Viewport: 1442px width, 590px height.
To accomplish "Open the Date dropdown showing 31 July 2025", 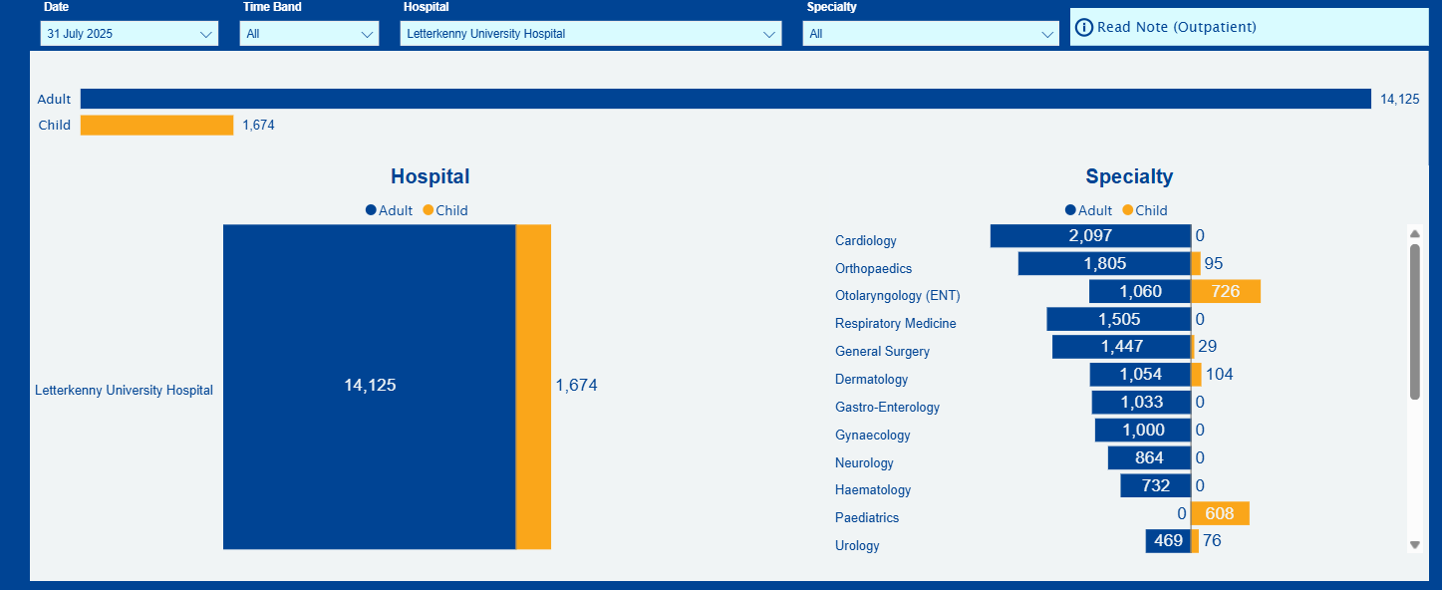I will point(130,34).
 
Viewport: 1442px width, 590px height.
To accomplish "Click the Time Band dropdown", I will point(309,34).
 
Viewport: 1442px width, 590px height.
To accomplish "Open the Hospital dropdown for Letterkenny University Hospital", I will point(591,34).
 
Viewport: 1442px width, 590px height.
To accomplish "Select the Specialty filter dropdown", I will point(931,34).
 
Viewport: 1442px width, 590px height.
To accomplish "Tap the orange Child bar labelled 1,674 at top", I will point(156,126).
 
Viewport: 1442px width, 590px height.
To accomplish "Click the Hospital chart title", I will point(430,176).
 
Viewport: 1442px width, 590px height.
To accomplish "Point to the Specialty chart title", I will point(1129,176).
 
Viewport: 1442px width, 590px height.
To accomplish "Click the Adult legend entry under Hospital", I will point(390,210).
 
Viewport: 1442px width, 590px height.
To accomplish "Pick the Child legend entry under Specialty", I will point(1145,210).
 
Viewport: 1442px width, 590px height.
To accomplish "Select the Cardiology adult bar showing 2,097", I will point(1090,236).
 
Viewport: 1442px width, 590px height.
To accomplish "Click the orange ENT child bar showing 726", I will point(1226,291).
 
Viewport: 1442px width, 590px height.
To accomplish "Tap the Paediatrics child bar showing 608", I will point(1220,514).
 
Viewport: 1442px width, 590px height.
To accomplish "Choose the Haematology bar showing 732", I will point(1155,486).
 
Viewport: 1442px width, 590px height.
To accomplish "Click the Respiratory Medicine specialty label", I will point(895,324).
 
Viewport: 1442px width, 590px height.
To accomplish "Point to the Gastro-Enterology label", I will point(887,408).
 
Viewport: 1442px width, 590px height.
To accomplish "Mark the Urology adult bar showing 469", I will point(1168,541).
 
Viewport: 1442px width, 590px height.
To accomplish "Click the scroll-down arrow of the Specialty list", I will point(1414,545).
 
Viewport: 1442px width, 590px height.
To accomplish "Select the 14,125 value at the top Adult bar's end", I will point(1399,100).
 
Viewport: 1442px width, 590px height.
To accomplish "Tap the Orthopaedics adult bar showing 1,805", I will point(1104,264).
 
